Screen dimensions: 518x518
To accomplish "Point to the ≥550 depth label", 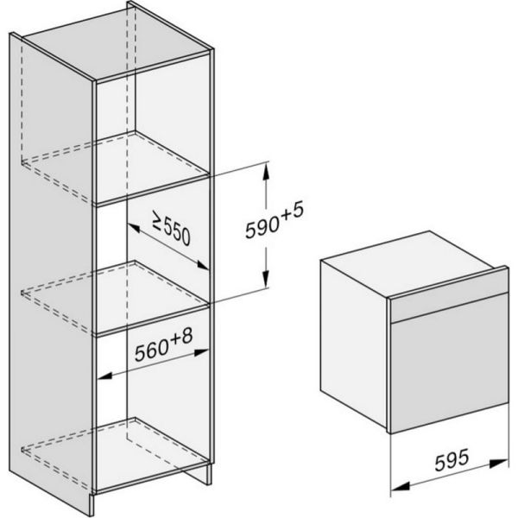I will pyautogui.click(x=169, y=231).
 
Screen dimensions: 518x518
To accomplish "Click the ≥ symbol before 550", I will pyautogui.click(x=150, y=224).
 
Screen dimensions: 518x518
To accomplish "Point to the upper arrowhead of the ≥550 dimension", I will pyautogui.click(x=131, y=224).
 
